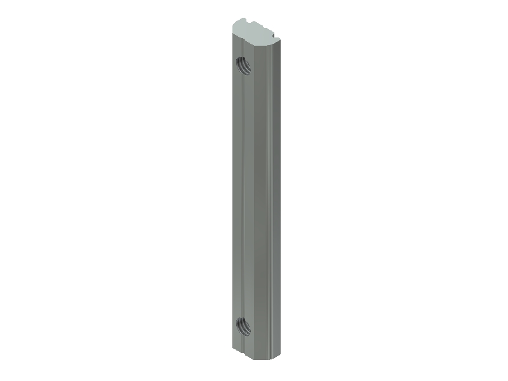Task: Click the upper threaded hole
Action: pos(243,64)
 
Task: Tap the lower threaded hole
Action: pos(243,327)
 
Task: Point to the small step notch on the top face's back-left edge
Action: pos(248,22)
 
